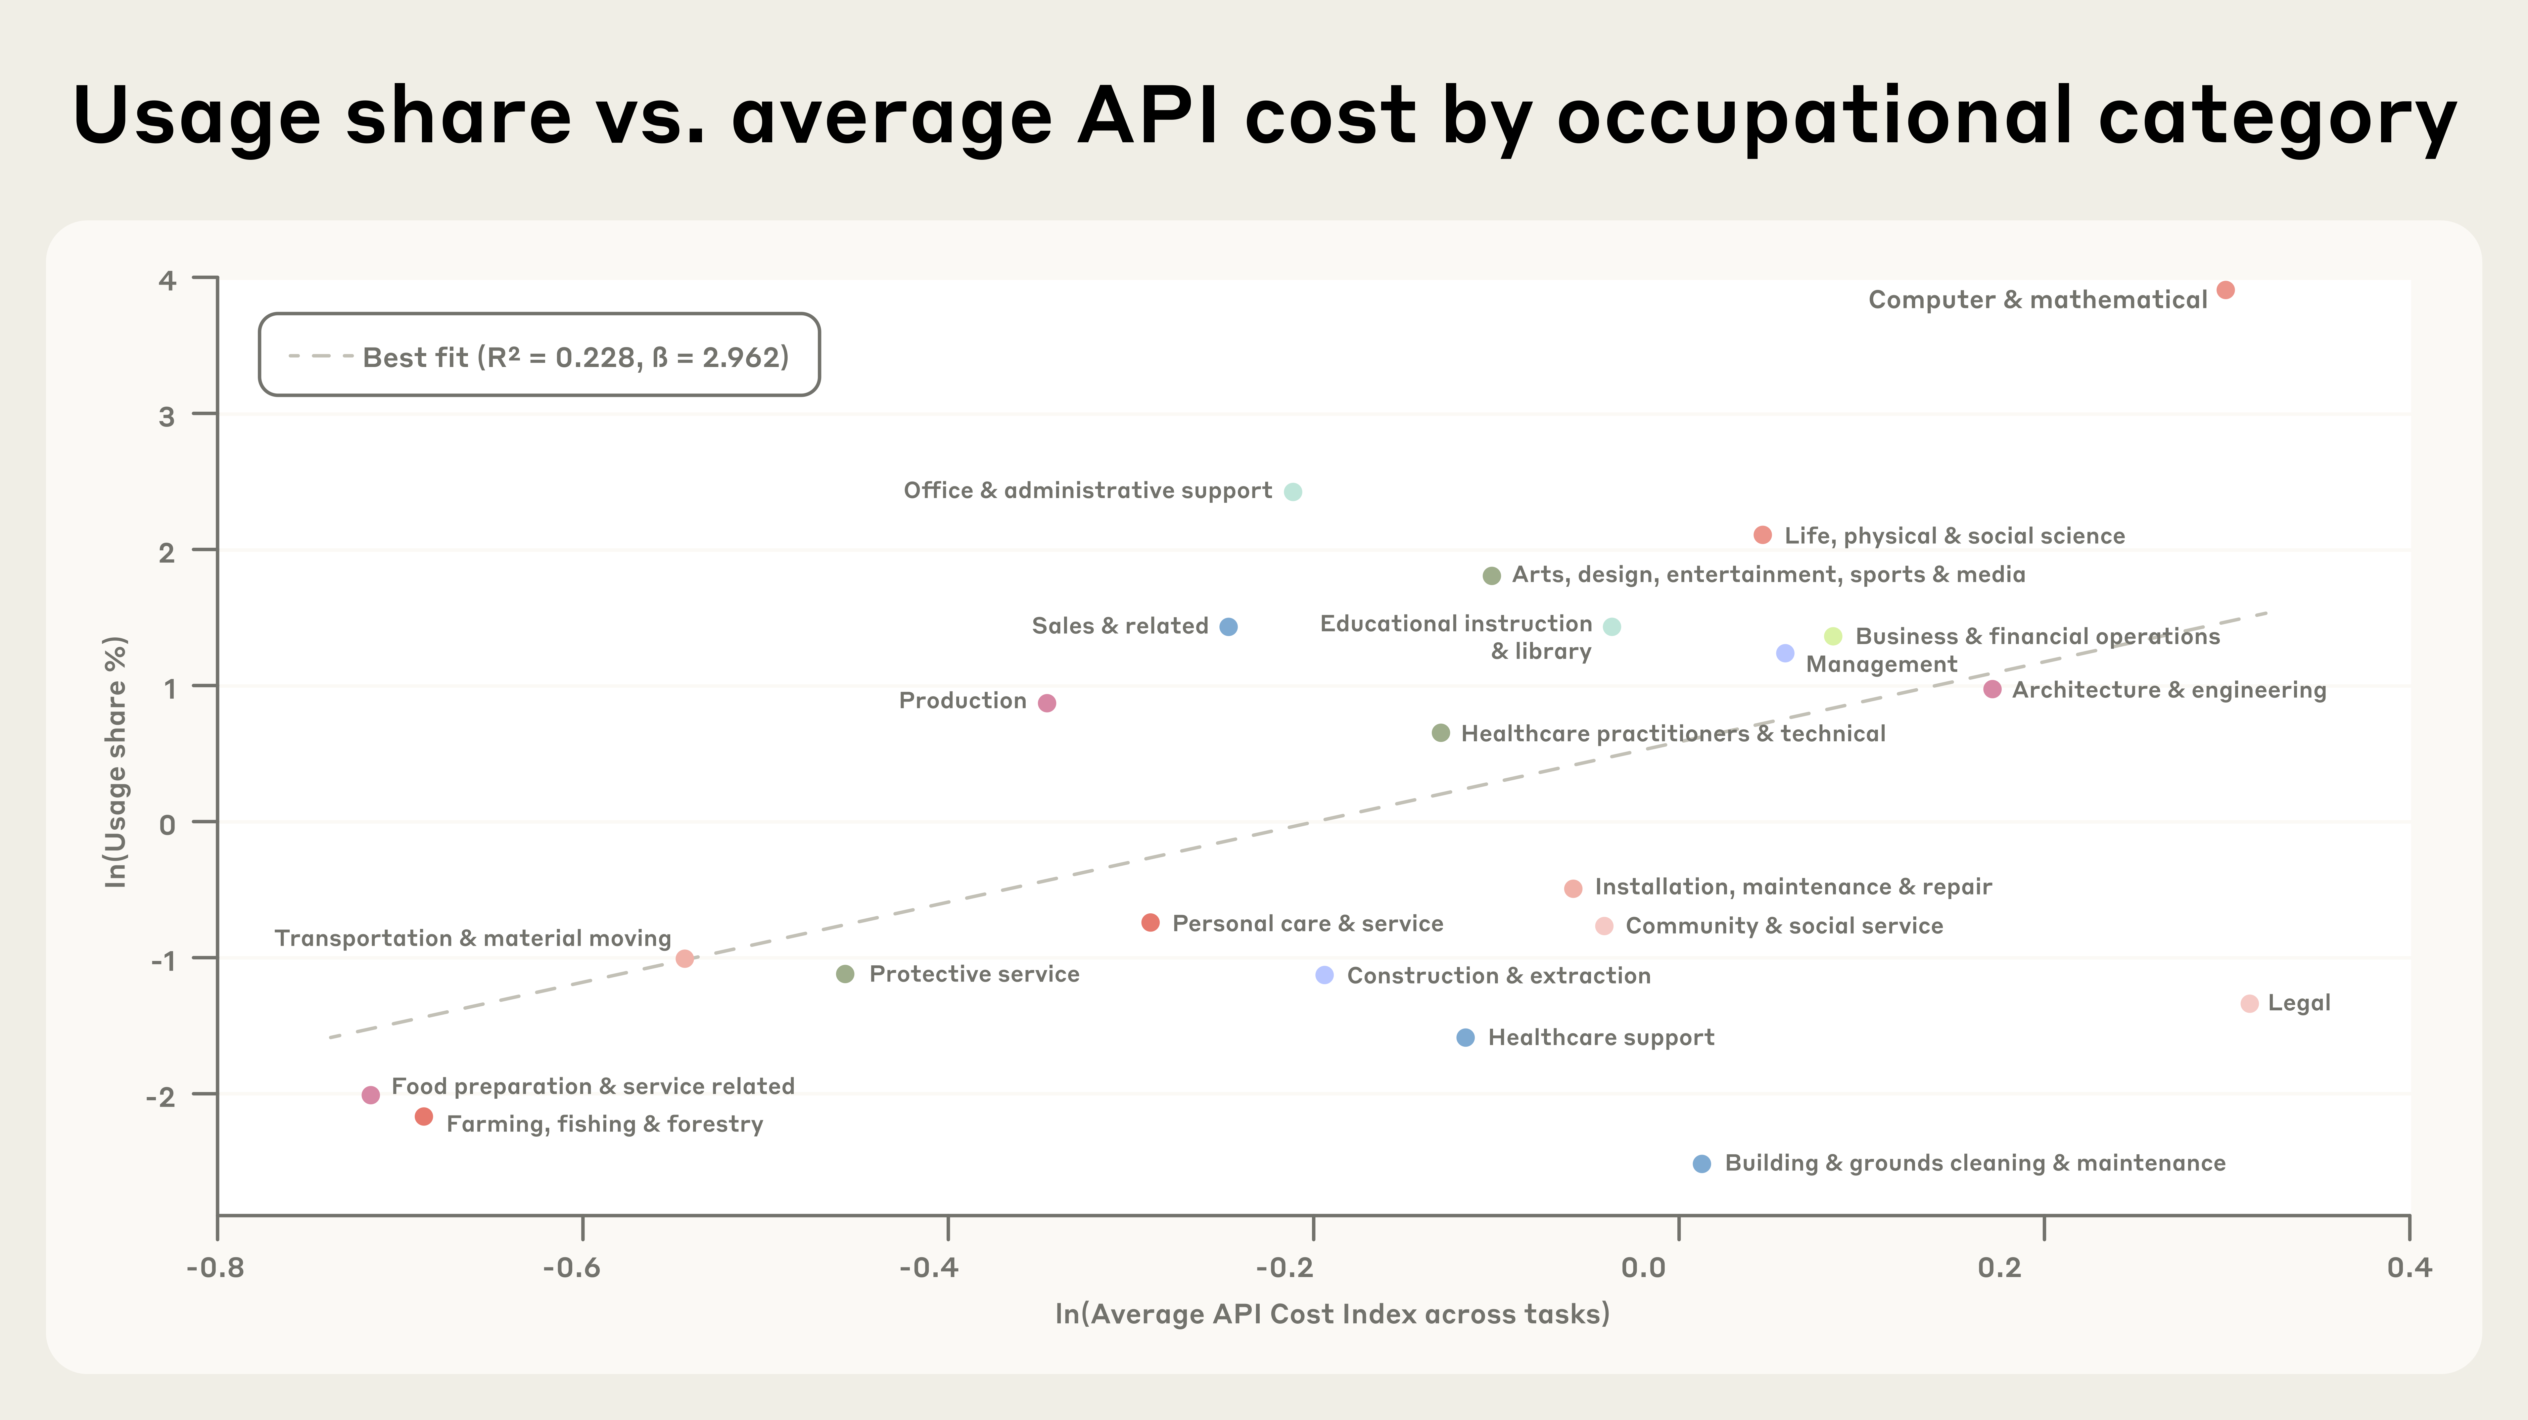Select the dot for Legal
[x=2249, y=1003]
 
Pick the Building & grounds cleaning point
[x=1702, y=1164]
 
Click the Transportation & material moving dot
[x=685, y=959]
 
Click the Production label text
[x=962, y=701]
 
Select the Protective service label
[x=973, y=975]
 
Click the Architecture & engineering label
[x=2169, y=690]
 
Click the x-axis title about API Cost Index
[x=1332, y=1314]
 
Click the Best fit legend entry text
[x=575, y=357]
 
